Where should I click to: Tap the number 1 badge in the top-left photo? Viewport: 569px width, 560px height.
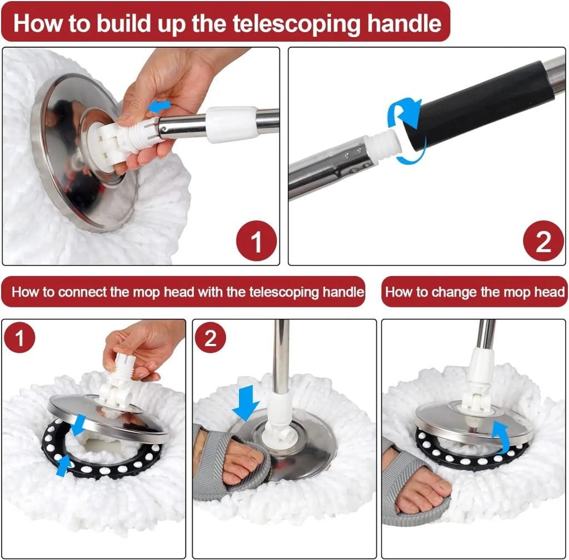click(x=256, y=241)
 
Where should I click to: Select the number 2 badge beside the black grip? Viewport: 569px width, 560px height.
click(x=542, y=241)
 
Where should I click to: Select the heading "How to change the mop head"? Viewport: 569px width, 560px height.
click(x=475, y=292)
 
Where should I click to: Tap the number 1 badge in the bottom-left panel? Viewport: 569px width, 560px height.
click(x=20, y=338)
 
